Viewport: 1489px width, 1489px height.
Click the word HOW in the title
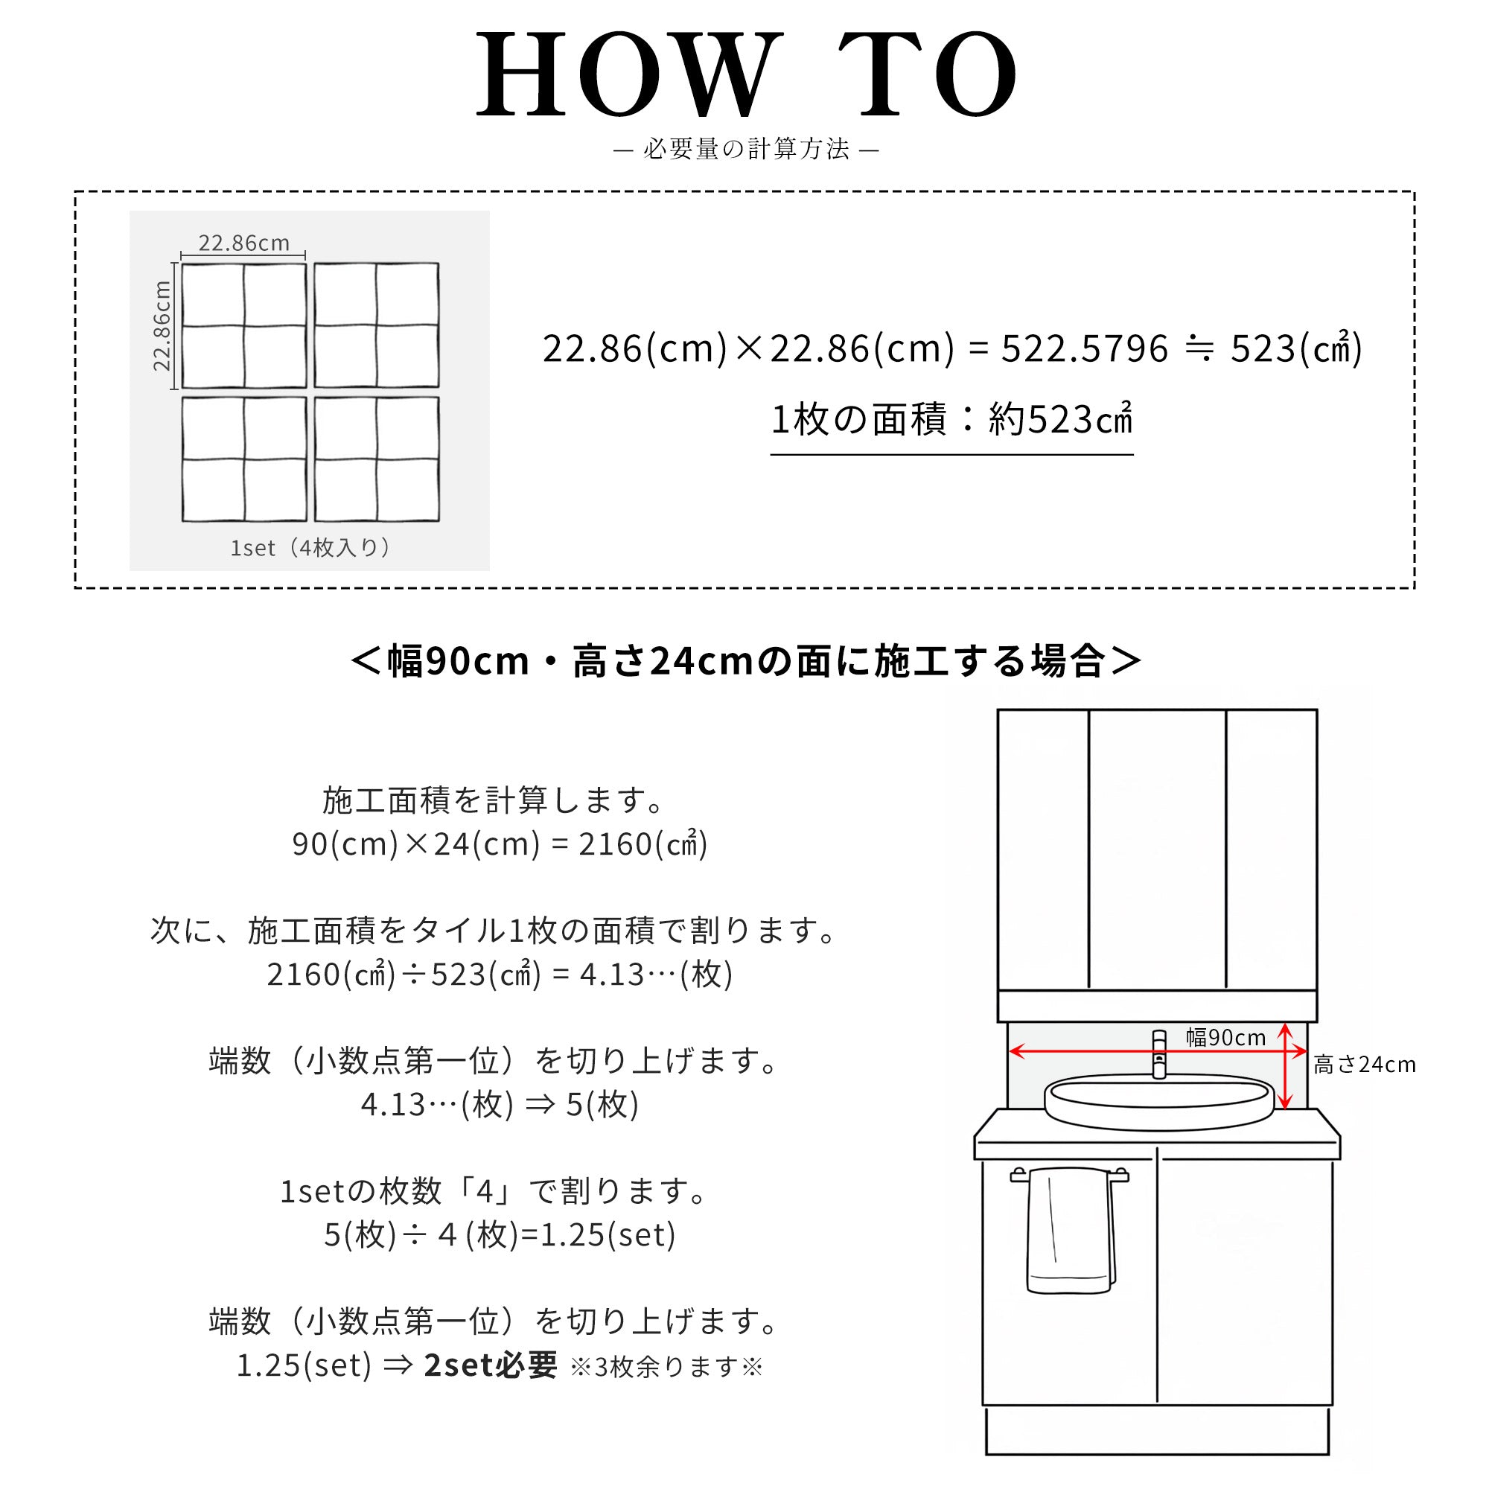pos(626,74)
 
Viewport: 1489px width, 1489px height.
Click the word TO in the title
pos(927,74)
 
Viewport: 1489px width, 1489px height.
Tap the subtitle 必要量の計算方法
pos(746,149)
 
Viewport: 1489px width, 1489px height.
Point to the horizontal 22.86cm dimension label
pos(243,243)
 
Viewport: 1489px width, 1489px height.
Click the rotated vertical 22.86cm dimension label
pos(161,326)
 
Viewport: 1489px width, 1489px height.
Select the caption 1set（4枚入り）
pos(310,548)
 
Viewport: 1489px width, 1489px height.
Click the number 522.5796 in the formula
pos(1085,348)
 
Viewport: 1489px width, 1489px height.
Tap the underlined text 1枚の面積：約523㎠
pos(951,420)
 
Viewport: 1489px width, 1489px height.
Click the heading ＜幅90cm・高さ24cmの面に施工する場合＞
pos(745,661)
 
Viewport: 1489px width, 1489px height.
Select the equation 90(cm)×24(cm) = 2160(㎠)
pos(500,844)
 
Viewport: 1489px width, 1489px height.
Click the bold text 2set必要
pos(490,1365)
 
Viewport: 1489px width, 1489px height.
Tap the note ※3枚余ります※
pos(666,1367)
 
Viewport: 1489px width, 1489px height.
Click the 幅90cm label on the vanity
pos(1225,1037)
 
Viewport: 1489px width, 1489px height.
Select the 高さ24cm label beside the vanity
pos(1365,1065)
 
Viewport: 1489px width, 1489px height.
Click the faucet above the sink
pos(1158,1053)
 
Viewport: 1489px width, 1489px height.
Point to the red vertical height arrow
pos(1285,1066)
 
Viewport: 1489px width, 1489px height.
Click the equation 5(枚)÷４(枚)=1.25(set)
pos(500,1234)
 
